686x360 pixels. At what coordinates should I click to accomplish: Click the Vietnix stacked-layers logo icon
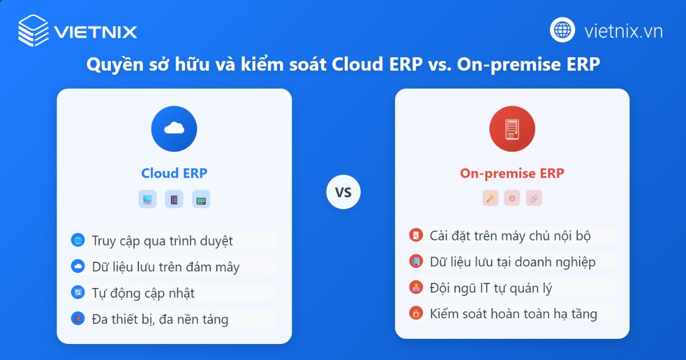34,30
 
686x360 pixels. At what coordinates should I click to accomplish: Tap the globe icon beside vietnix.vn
563,30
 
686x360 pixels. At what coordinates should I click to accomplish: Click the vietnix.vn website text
623,31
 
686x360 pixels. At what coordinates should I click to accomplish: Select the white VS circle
343,192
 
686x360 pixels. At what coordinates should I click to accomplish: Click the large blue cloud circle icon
174,129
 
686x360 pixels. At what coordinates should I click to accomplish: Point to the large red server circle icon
512,129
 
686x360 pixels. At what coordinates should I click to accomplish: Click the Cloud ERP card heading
174,173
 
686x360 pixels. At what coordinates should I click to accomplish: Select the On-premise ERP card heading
512,173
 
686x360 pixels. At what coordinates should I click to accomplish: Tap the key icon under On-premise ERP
490,198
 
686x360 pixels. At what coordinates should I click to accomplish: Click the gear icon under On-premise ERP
512,198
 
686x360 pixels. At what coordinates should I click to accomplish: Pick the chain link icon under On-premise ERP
533,198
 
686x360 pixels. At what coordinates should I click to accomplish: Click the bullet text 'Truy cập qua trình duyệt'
162,241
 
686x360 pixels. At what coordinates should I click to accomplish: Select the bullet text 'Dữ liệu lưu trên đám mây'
166,267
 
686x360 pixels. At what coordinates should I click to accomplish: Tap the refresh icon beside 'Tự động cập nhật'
77,293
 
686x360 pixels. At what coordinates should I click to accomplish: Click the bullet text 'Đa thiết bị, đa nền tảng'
160,319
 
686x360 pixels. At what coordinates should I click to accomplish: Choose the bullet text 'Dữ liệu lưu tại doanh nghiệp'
513,262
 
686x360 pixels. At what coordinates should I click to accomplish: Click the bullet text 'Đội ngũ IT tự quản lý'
491,287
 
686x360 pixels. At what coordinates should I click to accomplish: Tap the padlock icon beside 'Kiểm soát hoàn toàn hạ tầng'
416,313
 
